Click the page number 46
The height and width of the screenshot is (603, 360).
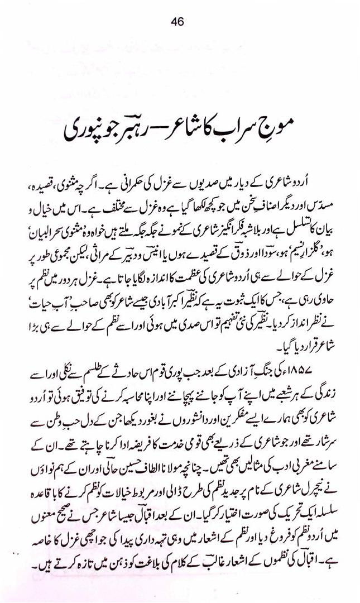point(178,22)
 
